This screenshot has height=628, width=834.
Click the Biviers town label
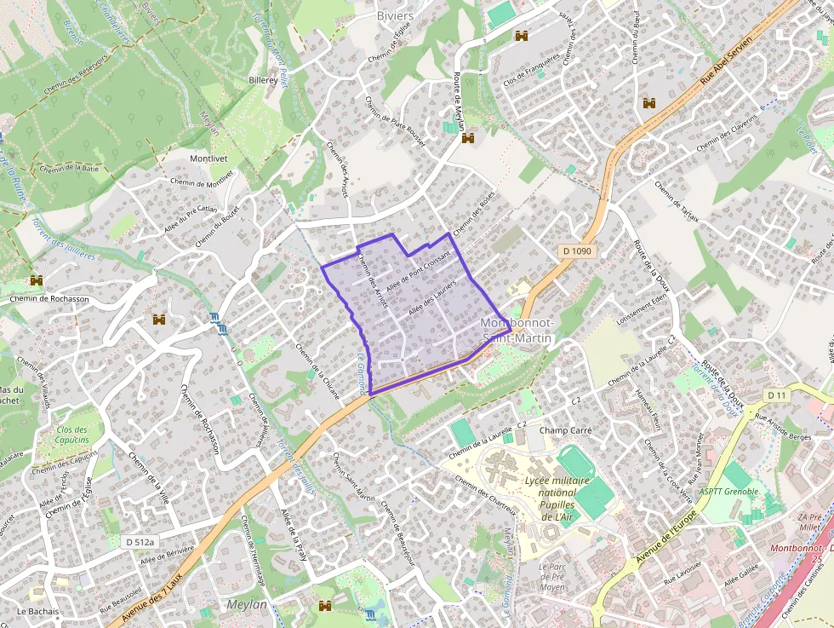pyautogui.click(x=395, y=15)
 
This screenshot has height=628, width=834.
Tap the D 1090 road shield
pyautogui.click(x=576, y=251)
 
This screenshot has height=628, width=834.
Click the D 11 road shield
pyautogui.click(x=775, y=395)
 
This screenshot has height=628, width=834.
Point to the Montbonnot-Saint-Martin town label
pyautogui.click(x=517, y=331)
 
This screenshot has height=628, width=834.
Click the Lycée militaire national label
pyautogui.click(x=551, y=488)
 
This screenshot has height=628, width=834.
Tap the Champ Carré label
pyautogui.click(x=565, y=430)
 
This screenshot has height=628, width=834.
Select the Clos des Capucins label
pyautogui.click(x=71, y=435)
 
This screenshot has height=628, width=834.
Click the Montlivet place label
pyautogui.click(x=210, y=159)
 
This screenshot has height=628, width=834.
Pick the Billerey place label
pyautogui.click(x=263, y=79)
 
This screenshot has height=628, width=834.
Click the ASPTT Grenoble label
pyautogui.click(x=728, y=492)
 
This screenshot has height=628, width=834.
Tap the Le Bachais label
pyautogui.click(x=37, y=612)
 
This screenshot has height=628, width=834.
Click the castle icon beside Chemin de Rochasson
pyautogui.click(x=37, y=280)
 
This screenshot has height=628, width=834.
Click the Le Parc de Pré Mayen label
pyautogui.click(x=552, y=576)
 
